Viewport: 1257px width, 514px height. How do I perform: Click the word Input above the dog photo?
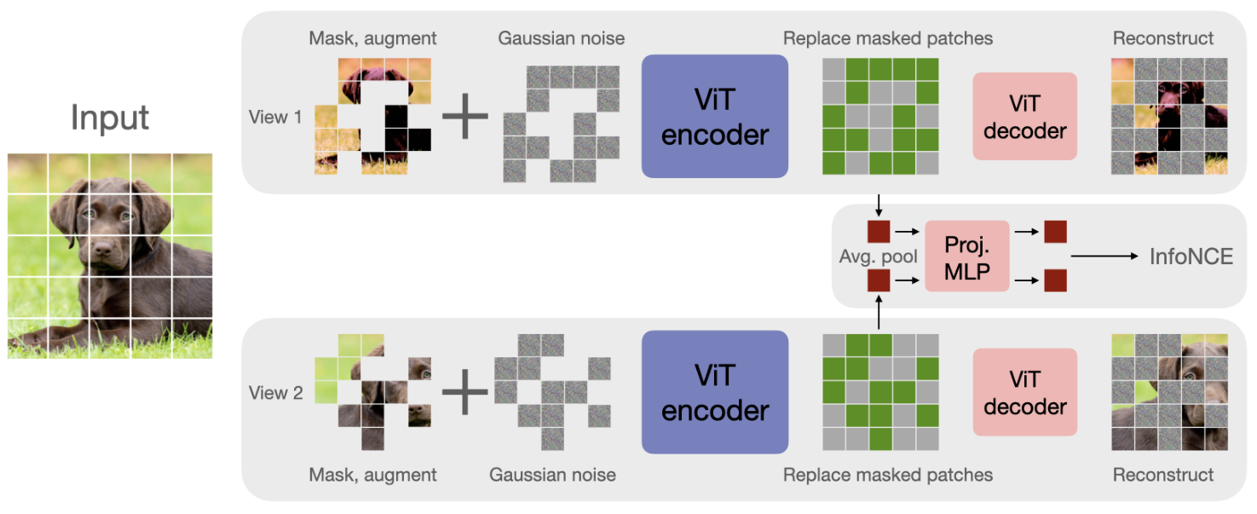tap(110, 117)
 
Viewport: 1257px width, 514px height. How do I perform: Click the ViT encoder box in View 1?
tap(714, 116)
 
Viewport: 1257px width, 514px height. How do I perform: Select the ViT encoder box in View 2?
tap(714, 392)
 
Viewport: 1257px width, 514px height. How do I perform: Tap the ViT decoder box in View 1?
tap(1024, 116)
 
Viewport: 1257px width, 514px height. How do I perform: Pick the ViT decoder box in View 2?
tap(1024, 392)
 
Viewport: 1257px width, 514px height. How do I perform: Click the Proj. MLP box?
tap(966, 256)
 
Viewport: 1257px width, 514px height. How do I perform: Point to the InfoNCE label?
tap(1191, 256)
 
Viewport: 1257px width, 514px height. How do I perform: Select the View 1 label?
tap(275, 117)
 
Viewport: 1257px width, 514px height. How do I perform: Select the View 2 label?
tap(275, 393)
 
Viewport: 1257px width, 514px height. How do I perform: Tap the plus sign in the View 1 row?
tap(465, 117)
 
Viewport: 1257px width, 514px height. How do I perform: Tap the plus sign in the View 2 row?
tap(465, 393)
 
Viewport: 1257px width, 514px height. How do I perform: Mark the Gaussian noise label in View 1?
tap(562, 38)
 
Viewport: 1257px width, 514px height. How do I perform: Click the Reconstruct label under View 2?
tap(1163, 475)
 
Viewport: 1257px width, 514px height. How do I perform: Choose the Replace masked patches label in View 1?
tap(887, 38)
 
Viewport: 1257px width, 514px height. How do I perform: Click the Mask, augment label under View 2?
tap(372, 475)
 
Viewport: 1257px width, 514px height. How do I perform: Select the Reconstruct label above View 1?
tap(1163, 38)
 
